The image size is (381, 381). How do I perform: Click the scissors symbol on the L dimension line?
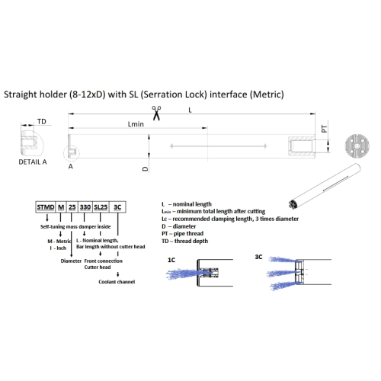click(156, 114)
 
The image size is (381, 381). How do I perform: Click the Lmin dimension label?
click(136, 124)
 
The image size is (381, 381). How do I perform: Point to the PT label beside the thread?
click(324, 129)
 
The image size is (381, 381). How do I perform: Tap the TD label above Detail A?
click(42, 122)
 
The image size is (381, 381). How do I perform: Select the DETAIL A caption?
click(33, 162)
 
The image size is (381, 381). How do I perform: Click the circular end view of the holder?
click(357, 146)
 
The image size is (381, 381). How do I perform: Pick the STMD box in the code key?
click(46, 207)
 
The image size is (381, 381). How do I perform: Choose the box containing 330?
click(85, 207)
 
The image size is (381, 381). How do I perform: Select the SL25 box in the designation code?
click(101, 207)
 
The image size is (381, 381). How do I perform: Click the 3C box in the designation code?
click(117, 207)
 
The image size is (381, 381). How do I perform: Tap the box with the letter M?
click(61, 207)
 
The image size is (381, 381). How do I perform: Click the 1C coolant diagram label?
click(171, 260)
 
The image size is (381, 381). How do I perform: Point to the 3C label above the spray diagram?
click(258, 257)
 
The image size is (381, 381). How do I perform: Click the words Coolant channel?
click(117, 282)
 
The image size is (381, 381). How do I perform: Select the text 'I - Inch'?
click(58, 248)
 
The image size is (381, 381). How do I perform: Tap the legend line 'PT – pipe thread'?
click(183, 233)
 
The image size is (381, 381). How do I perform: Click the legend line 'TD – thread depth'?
click(185, 241)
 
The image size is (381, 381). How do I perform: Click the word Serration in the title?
click(160, 94)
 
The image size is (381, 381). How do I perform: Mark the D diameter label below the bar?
click(145, 169)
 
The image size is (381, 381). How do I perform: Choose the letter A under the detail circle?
click(71, 166)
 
